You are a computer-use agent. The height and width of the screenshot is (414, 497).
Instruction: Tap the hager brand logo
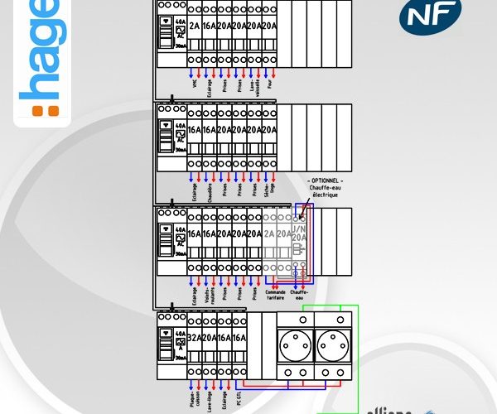(40, 58)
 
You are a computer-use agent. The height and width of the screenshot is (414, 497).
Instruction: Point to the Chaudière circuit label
(210, 192)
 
